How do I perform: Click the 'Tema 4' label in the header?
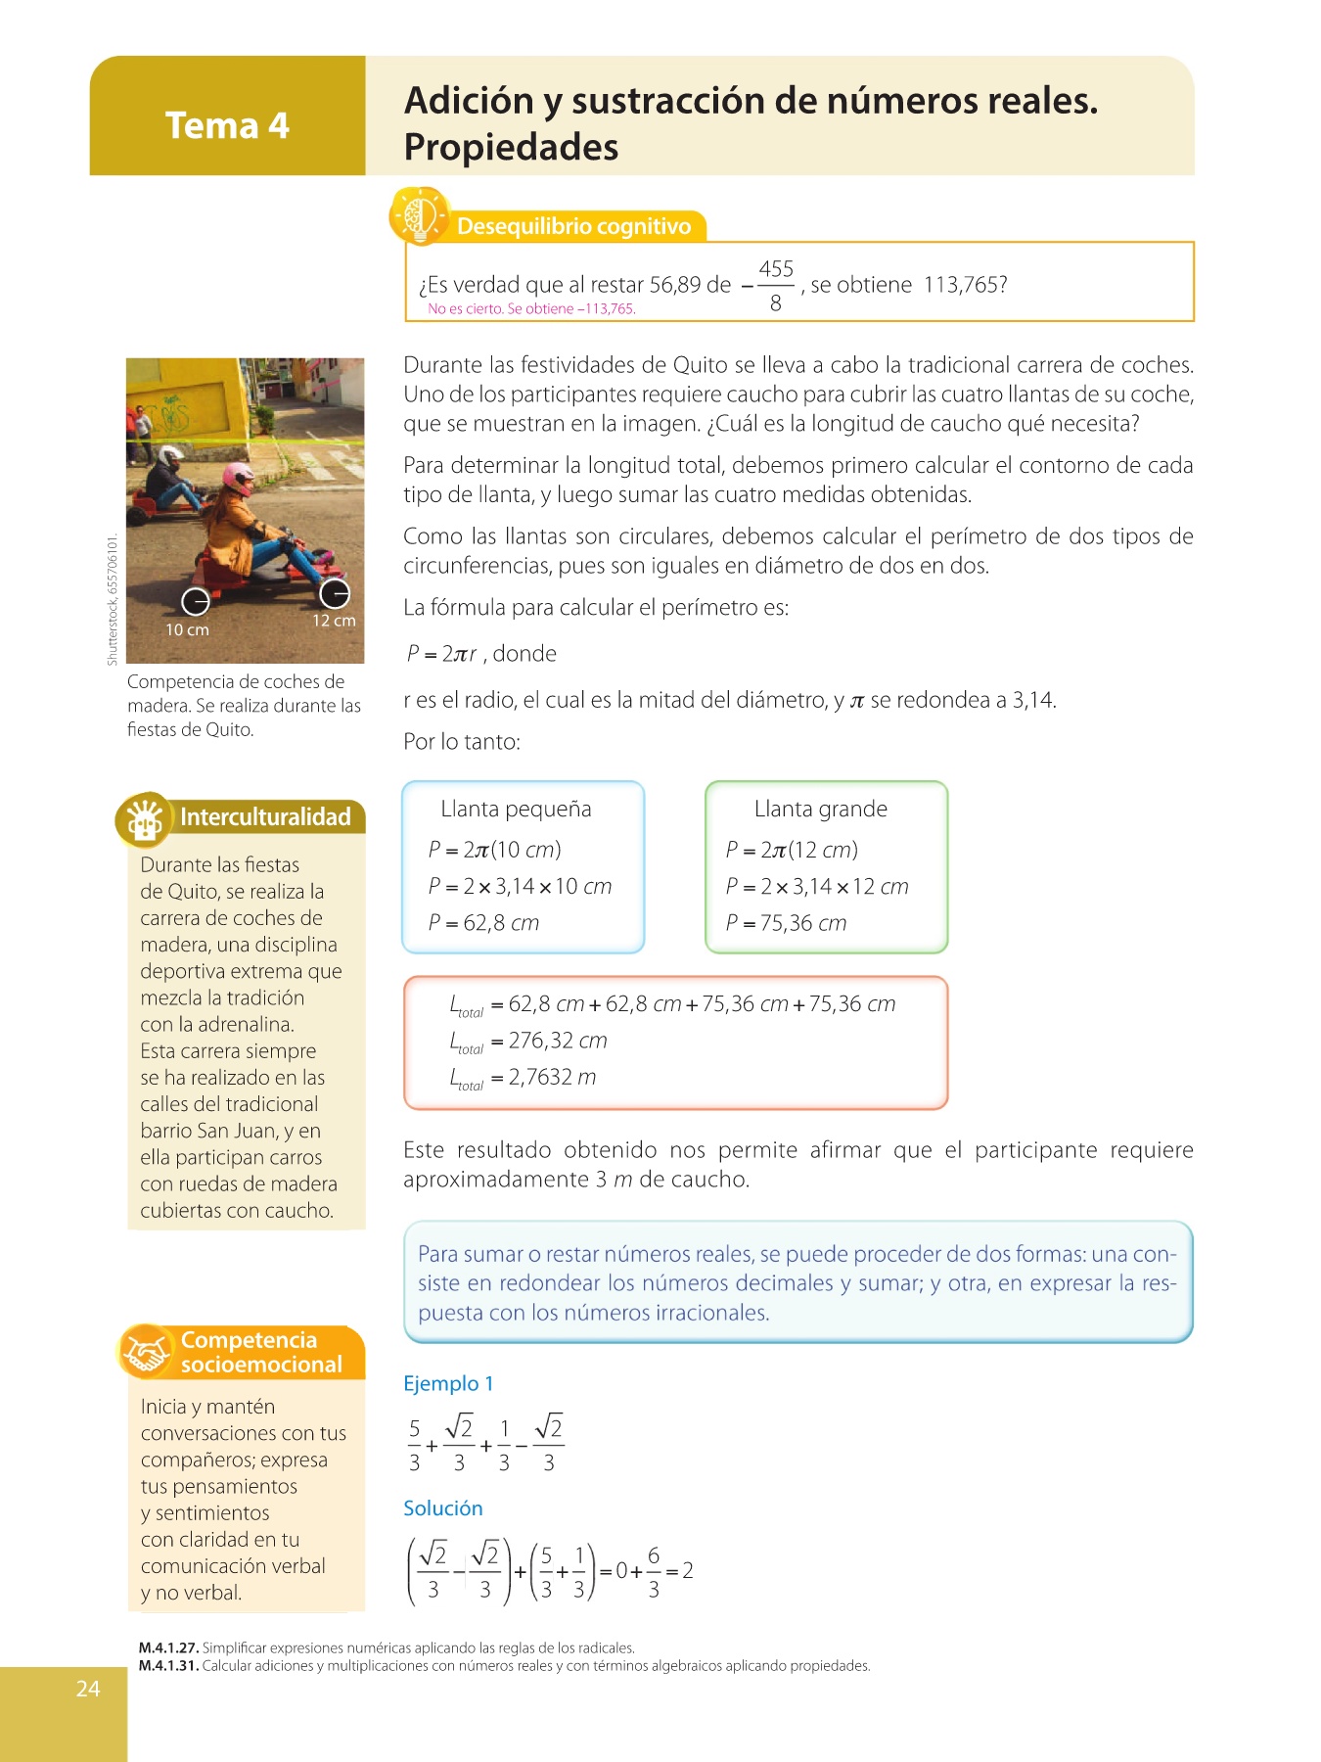point(227,126)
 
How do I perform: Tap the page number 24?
point(88,1688)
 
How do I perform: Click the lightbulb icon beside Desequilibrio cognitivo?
point(419,215)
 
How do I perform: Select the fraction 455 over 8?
point(775,285)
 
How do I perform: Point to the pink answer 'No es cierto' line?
point(531,309)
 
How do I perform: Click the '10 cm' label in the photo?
point(187,629)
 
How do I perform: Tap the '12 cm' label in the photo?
point(334,621)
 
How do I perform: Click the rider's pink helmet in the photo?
point(238,478)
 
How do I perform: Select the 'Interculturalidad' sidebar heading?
point(264,817)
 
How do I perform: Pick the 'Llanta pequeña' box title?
point(516,809)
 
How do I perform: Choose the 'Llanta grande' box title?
point(820,809)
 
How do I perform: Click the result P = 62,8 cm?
point(483,923)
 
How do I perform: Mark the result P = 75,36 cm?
point(786,923)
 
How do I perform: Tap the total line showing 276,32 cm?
point(528,1041)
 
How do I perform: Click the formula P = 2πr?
point(441,654)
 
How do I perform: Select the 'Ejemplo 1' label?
point(448,1383)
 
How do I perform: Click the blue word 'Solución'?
point(443,1508)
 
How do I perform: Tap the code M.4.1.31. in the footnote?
point(168,1665)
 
